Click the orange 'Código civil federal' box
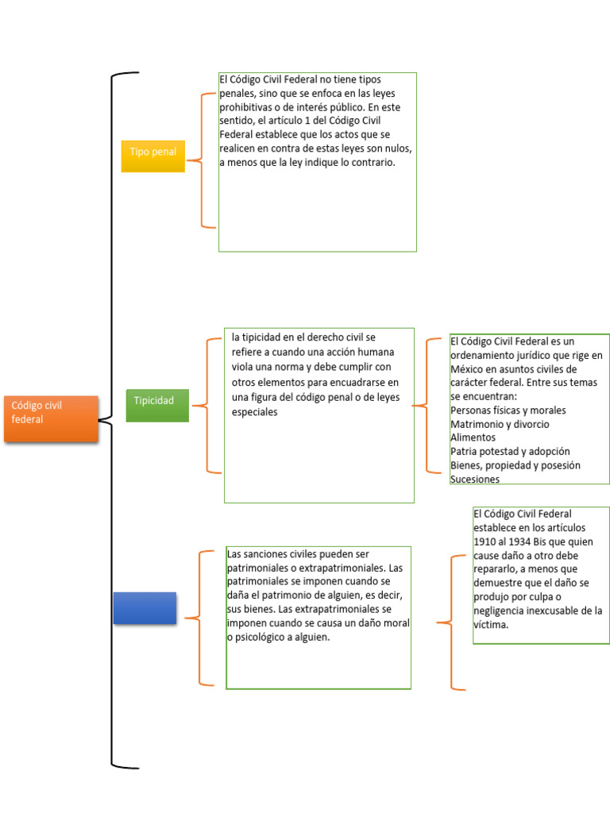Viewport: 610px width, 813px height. click(x=51, y=418)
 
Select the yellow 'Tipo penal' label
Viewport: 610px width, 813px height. click(x=152, y=155)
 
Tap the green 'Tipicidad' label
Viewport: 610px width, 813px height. click(x=156, y=405)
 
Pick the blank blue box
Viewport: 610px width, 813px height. click(x=145, y=607)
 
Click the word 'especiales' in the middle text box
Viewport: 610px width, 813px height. click(x=255, y=412)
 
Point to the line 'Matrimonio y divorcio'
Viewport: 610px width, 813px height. click(x=500, y=424)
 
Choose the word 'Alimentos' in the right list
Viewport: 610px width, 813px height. click(x=473, y=437)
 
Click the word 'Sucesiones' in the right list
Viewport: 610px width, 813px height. click(x=475, y=480)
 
